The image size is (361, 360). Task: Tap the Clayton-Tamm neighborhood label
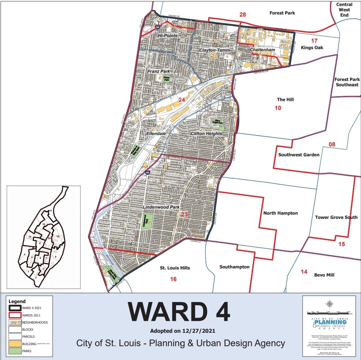tap(214, 50)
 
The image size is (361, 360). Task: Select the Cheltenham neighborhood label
tap(262, 50)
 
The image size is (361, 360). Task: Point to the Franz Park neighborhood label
tap(159, 71)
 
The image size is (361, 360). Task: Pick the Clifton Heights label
tap(206, 134)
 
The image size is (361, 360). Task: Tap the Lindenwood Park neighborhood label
tap(161, 207)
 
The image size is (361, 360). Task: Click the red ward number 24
tap(182, 100)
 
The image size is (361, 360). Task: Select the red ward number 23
tap(184, 214)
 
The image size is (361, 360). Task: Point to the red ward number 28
tap(242, 14)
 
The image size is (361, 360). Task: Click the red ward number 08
tap(332, 144)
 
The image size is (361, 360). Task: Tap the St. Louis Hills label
tap(174, 268)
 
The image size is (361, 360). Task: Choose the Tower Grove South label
tap(336, 217)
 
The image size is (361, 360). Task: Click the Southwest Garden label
tap(298, 155)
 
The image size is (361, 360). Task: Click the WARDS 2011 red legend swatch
tap(14, 315)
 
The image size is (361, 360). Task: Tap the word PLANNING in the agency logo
tap(330, 322)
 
